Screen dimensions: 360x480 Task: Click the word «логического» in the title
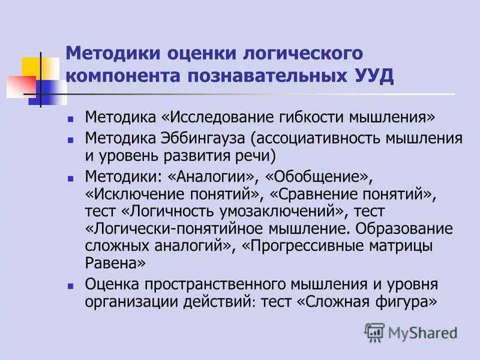point(302,54)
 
